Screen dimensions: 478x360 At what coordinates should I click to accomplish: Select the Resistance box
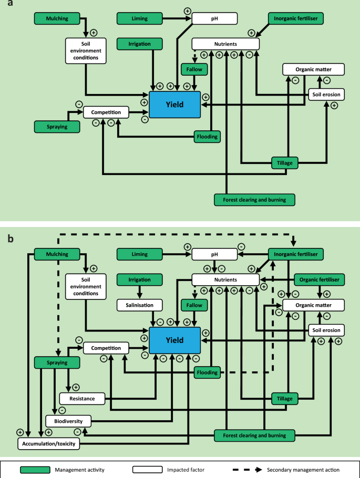click(82, 399)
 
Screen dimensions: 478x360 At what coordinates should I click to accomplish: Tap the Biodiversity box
click(68, 421)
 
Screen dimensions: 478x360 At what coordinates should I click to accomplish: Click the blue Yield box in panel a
click(174, 104)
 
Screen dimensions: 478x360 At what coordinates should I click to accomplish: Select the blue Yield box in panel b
click(174, 340)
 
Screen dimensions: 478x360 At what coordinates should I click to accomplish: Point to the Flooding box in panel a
click(207, 137)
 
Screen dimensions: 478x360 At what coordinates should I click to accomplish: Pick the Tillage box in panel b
click(285, 399)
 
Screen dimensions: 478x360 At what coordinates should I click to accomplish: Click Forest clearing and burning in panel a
click(254, 200)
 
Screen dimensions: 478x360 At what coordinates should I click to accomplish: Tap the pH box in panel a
click(214, 19)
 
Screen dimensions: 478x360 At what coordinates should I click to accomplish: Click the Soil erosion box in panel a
click(326, 95)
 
